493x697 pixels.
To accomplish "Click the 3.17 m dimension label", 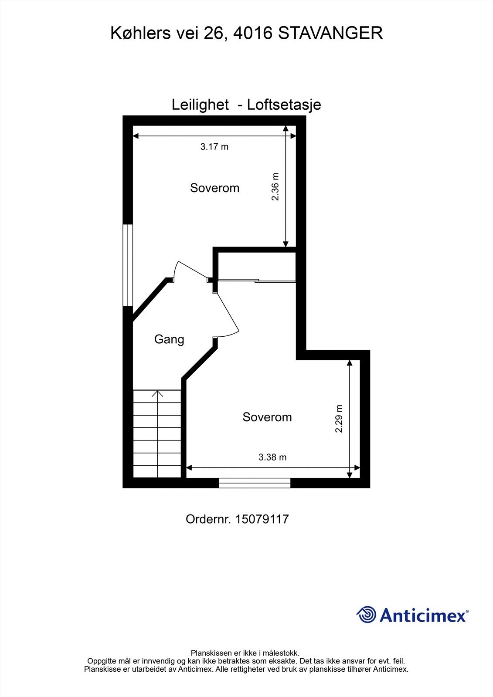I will pyautogui.click(x=214, y=147).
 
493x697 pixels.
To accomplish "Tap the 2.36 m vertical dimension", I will pyautogui.click(x=275, y=187).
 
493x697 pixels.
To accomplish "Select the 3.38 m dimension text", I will pyautogui.click(x=272, y=457).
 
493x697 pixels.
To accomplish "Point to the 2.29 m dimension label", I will pyautogui.click(x=339, y=419).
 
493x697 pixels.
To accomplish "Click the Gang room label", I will pyautogui.click(x=169, y=339).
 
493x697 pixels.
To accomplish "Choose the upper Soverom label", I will pyautogui.click(x=214, y=188).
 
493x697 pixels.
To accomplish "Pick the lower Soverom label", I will pyautogui.click(x=267, y=417).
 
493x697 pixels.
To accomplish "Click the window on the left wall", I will pyautogui.click(x=127, y=265).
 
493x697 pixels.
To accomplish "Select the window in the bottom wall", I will pyautogui.click(x=255, y=483).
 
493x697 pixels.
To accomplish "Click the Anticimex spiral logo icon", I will pyautogui.click(x=366, y=615).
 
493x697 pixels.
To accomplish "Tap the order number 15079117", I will pyautogui.click(x=262, y=519).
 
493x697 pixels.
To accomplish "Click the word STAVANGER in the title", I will pyautogui.click(x=330, y=33).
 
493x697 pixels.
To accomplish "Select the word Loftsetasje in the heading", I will pyautogui.click(x=284, y=105).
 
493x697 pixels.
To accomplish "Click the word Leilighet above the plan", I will pyautogui.click(x=200, y=105).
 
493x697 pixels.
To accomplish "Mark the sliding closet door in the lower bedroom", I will pyautogui.click(x=256, y=281).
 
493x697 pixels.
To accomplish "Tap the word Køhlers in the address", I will pyautogui.click(x=140, y=33).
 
